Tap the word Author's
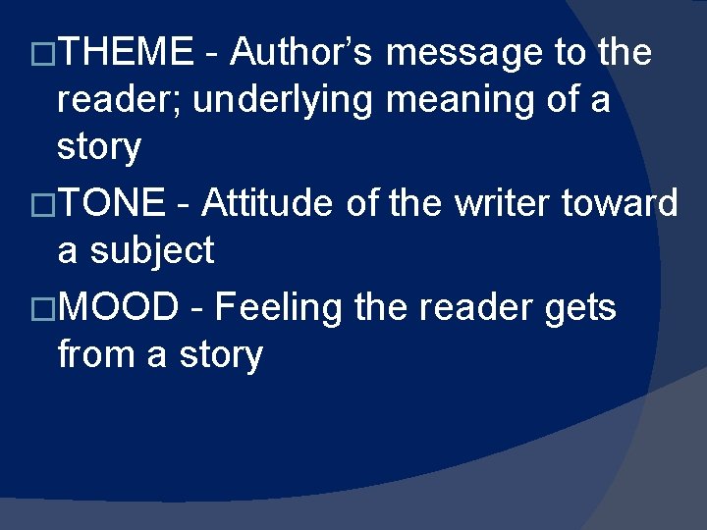(x=301, y=52)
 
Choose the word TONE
(x=112, y=203)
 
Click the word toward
(x=621, y=203)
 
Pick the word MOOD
(x=118, y=307)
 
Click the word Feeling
(x=278, y=307)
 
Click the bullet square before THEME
(x=42, y=53)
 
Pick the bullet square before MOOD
(x=42, y=308)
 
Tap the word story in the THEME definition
(x=99, y=148)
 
